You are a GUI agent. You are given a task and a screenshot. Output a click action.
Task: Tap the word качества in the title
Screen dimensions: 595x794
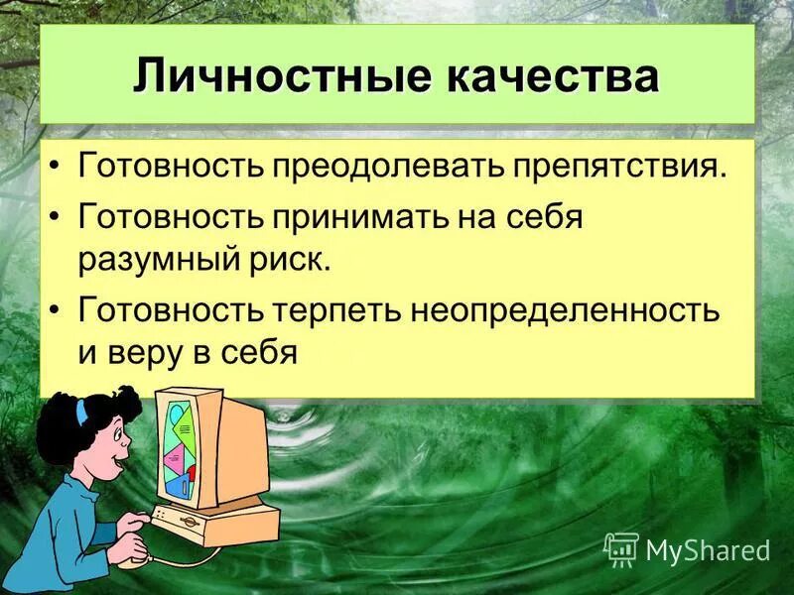[551, 75]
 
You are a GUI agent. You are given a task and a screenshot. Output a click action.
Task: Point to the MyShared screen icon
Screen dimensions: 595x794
[621, 548]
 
